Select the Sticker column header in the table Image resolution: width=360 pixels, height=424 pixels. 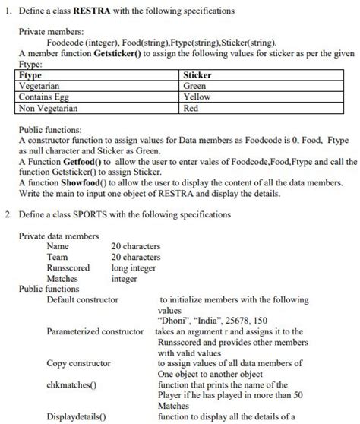(x=197, y=76)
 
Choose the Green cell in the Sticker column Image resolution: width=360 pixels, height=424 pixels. (x=195, y=87)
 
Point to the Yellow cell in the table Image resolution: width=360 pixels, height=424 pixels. (x=197, y=97)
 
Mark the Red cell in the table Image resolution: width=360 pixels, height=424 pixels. (x=191, y=108)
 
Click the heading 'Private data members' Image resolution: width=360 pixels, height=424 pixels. (x=58, y=236)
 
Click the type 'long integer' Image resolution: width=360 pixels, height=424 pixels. (x=135, y=267)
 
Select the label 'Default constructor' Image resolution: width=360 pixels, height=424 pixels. (x=83, y=299)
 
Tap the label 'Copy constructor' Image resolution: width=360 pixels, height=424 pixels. (x=78, y=363)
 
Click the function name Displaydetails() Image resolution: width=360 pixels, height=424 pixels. (x=76, y=416)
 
